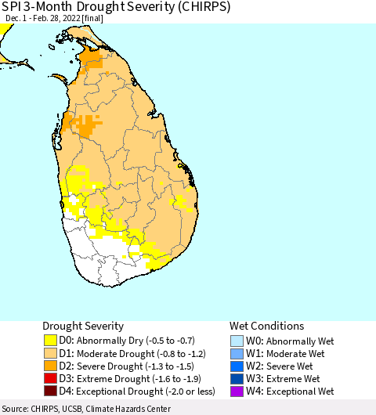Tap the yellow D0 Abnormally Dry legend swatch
pyautogui.click(x=51, y=341)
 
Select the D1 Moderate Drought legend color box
pyautogui.click(x=51, y=353)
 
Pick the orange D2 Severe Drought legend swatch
pyautogui.click(x=51, y=366)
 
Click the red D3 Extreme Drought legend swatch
pyautogui.click(x=51, y=378)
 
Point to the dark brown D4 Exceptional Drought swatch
pyautogui.click(x=51, y=391)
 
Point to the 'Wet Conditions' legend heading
pyautogui.click(x=266, y=325)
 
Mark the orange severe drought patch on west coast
pyautogui.click(x=85, y=126)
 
